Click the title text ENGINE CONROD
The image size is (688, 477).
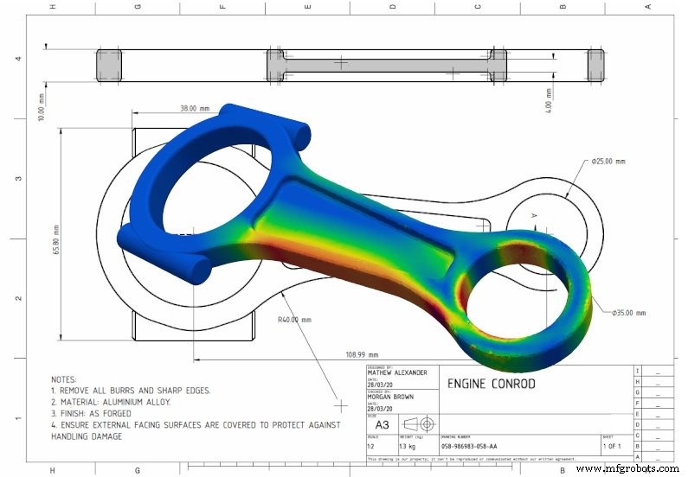pyautogui.click(x=491, y=384)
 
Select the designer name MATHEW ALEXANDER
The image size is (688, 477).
pyautogui.click(x=397, y=373)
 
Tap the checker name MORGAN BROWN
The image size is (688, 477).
pyautogui.click(x=390, y=397)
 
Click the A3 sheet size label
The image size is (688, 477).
pyautogui.click(x=382, y=424)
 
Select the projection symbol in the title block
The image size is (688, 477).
pyautogui.click(x=418, y=424)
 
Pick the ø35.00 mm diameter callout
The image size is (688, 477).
pyautogui.click(x=628, y=313)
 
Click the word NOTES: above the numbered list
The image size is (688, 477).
pyautogui.click(x=65, y=379)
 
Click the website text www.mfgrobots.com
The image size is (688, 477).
pyautogui.click(x=629, y=469)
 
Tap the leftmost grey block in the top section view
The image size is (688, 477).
pyautogui.click(x=109, y=65)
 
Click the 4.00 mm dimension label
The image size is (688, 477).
pyautogui.click(x=549, y=99)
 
